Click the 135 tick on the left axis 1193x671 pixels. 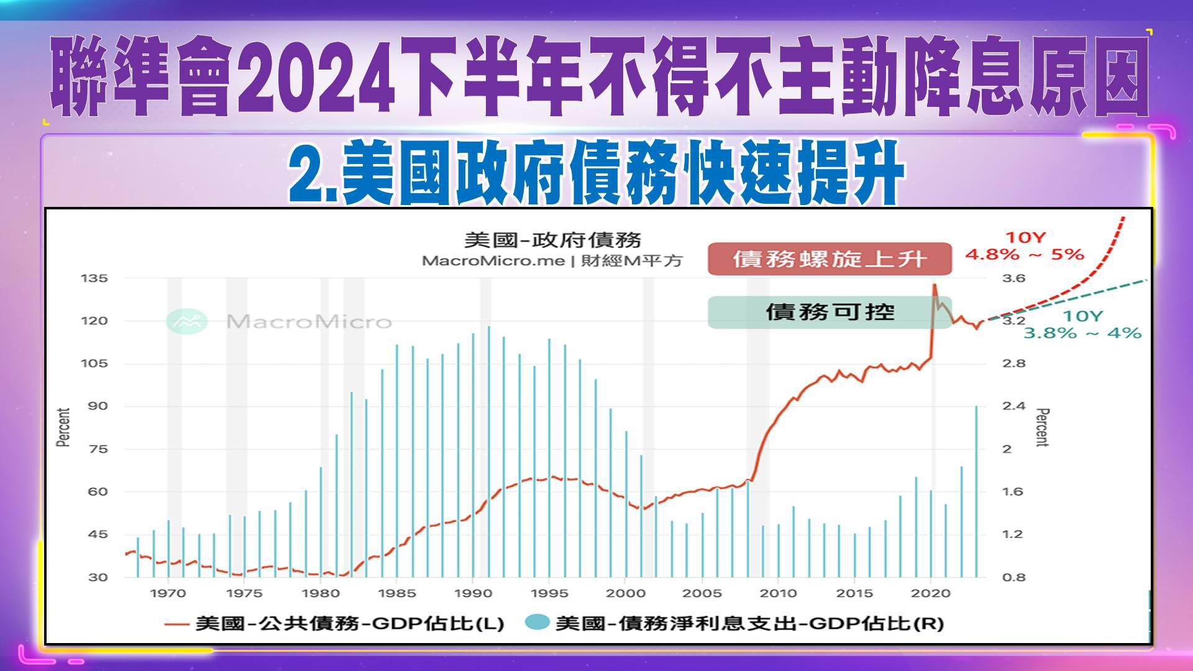pos(94,278)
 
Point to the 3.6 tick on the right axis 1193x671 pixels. pos(1013,278)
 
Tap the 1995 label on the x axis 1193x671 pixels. pos(549,593)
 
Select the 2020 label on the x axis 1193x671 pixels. pos(931,593)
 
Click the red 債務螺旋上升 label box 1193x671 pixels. pos(830,258)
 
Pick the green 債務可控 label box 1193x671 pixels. pos(830,312)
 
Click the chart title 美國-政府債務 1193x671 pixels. pos(552,240)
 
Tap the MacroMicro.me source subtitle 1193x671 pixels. pos(552,261)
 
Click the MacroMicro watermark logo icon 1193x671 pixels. pos(187,321)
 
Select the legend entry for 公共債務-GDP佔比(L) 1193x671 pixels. pos(336,623)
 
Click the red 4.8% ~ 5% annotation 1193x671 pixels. pos(1025,254)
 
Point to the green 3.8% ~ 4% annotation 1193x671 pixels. pos(1082,333)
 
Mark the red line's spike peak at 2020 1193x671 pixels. pos(933,285)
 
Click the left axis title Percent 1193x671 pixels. pos(63,427)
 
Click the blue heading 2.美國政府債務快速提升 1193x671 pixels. pos(595,173)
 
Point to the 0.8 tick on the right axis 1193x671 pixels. pos(1013,577)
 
